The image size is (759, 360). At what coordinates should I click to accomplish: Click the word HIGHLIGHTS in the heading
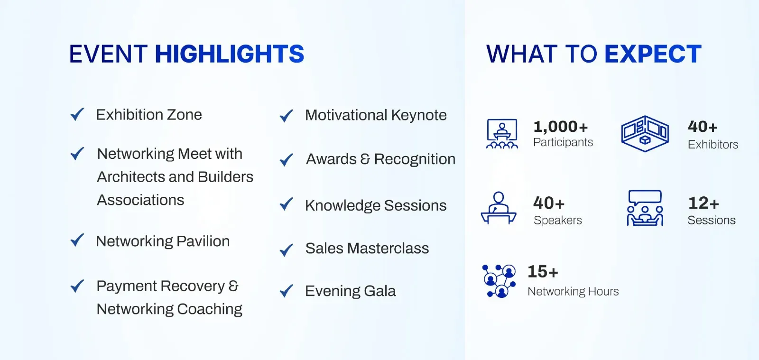230,54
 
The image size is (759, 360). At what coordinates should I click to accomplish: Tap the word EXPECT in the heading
653,54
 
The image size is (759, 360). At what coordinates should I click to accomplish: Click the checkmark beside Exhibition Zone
77,114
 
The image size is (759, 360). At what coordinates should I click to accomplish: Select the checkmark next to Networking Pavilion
77,240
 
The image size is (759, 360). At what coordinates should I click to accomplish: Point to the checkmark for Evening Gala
287,291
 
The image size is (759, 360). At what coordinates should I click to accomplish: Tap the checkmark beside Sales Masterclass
287,250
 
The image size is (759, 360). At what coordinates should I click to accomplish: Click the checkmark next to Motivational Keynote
287,116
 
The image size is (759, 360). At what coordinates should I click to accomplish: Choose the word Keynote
419,115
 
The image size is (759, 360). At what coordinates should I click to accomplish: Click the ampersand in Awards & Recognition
365,159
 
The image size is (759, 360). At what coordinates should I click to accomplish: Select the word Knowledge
342,206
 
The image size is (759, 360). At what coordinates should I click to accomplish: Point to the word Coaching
209,309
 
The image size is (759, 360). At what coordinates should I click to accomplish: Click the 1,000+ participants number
560,127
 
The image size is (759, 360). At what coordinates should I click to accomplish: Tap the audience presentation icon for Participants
502,133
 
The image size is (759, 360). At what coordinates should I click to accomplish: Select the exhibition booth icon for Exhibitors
645,133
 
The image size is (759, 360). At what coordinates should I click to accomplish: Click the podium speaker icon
499,208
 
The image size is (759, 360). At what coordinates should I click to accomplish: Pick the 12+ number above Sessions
703,203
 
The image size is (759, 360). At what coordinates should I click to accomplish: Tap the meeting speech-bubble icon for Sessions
645,208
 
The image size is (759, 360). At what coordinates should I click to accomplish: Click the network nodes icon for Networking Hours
499,281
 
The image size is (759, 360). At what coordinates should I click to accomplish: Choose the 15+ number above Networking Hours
543,272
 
